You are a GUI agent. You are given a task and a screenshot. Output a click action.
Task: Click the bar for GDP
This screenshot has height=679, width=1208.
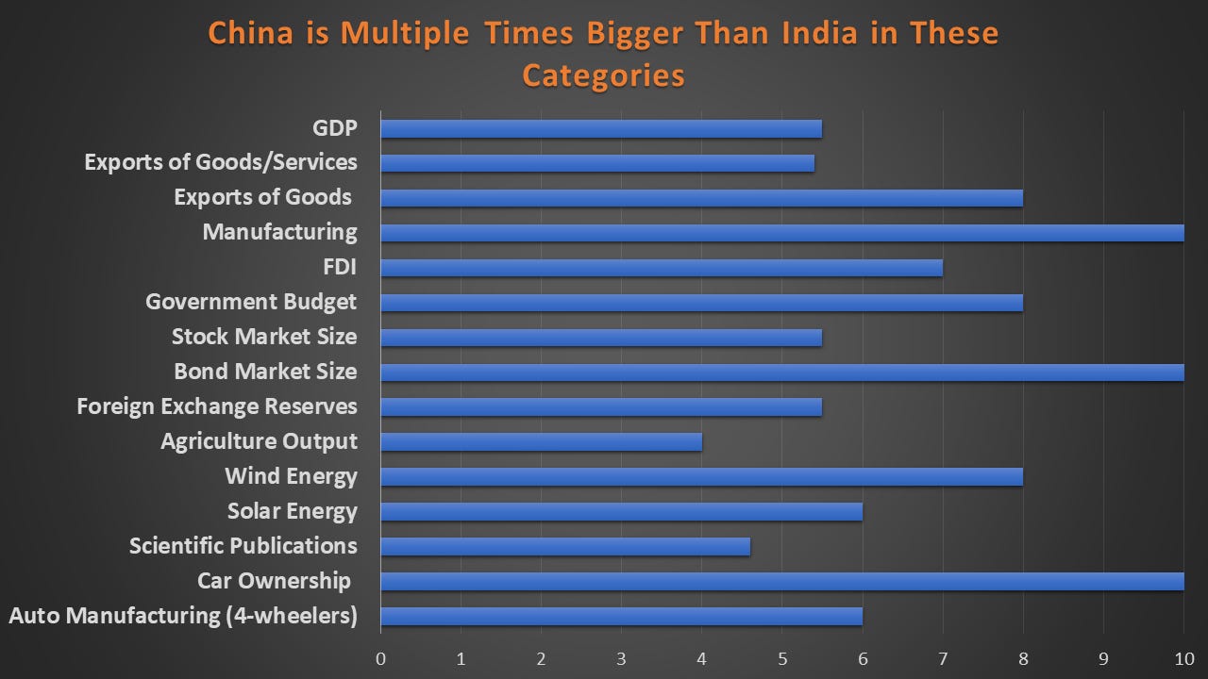pyautogui.click(x=601, y=128)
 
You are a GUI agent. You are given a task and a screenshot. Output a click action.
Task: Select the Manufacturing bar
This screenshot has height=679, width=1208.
pyautogui.click(x=781, y=233)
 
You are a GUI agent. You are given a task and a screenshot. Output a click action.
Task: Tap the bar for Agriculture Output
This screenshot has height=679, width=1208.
pyautogui.click(x=541, y=441)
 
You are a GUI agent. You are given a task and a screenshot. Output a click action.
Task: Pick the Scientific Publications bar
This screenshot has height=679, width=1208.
pyautogui.click(x=565, y=546)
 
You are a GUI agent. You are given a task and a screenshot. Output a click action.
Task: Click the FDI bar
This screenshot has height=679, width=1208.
pyautogui.click(x=661, y=268)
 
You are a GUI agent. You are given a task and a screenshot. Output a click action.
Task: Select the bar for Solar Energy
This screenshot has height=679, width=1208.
pyautogui.click(x=621, y=511)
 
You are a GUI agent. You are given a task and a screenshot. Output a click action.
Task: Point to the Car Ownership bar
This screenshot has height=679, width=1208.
pyautogui.click(x=781, y=581)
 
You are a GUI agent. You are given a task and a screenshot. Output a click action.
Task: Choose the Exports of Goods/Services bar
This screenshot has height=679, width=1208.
pyautogui.click(x=597, y=163)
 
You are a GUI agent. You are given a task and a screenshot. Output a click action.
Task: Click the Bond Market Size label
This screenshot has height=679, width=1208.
pyautogui.click(x=265, y=372)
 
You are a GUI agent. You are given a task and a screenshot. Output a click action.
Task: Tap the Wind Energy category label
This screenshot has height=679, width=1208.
pyautogui.click(x=291, y=476)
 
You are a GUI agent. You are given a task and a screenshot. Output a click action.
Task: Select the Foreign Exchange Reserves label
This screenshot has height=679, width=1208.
pyautogui.click(x=217, y=406)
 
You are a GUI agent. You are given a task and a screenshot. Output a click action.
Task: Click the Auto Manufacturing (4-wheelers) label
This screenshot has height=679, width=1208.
pyautogui.click(x=183, y=616)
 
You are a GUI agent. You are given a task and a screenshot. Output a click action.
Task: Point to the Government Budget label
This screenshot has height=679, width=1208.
pyautogui.click(x=251, y=302)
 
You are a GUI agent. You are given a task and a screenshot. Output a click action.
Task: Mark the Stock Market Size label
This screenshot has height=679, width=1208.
pyautogui.click(x=264, y=337)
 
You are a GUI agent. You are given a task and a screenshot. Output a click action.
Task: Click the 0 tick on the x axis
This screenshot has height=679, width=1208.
pyautogui.click(x=380, y=657)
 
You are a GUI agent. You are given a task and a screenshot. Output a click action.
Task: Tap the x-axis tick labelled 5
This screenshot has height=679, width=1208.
pyautogui.click(x=782, y=657)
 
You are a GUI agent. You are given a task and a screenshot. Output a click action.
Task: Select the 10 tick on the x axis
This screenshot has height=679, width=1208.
pyautogui.click(x=1183, y=657)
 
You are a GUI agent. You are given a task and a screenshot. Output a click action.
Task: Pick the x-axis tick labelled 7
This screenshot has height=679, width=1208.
pyautogui.click(x=943, y=657)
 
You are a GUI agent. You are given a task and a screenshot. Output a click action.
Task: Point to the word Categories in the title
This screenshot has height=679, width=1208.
pyautogui.click(x=603, y=75)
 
